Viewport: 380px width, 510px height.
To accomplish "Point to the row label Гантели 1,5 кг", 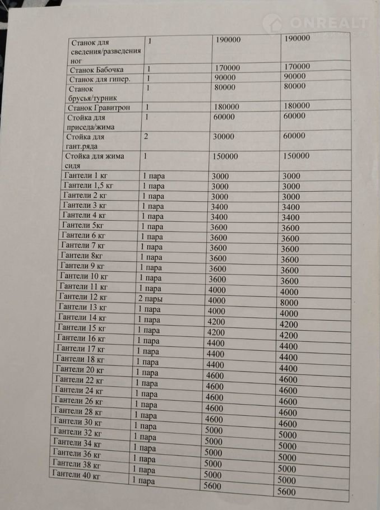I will (x=87, y=186).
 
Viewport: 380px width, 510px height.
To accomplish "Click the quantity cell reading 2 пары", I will (x=150, y=299).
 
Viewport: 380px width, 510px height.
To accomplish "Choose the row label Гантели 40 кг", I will (x=76, y=475).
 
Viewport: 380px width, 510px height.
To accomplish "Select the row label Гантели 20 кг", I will (x=80, y=370).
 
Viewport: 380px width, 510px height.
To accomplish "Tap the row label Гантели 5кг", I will (x=83, y=226).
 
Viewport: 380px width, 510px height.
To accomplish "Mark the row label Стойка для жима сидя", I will (x=94, y=161).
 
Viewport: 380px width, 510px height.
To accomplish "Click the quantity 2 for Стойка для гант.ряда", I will (x=146, y=136).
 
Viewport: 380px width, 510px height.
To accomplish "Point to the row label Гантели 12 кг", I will (x=83, y=297).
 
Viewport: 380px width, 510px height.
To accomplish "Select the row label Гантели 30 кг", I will (x=78, y=422).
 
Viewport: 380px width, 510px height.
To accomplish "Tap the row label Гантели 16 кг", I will (x=81, y=339).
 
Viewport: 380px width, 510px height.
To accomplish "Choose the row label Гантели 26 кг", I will (x=79, y=401).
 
